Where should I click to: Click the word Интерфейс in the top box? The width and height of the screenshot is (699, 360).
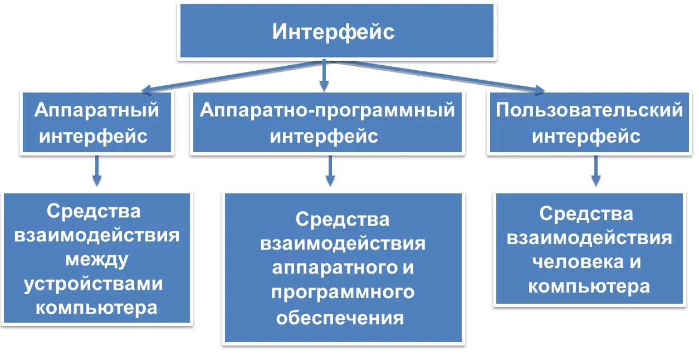[333, 32]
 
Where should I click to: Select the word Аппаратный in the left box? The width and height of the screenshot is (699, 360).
[96, 110]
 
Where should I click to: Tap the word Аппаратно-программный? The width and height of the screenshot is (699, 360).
[327, 110]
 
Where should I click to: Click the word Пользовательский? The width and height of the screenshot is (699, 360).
[589, 110]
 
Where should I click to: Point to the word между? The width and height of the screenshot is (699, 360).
[96, 260]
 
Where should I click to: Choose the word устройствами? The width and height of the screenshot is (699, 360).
[94, 284]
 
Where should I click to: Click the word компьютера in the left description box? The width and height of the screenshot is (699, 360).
[96, 308]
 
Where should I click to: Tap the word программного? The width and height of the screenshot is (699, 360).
[343, 292]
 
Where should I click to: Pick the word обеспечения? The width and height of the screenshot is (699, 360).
[340, 317]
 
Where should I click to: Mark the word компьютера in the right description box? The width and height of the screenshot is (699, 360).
[589, 286]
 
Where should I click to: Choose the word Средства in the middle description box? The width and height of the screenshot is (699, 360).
[342, 219]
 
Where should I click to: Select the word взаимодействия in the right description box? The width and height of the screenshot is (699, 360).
[589, 238]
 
